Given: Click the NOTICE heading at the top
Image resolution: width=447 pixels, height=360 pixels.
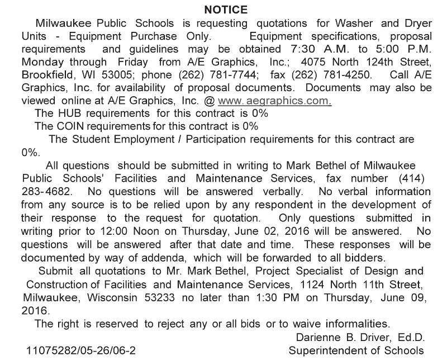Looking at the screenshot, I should (225, 10).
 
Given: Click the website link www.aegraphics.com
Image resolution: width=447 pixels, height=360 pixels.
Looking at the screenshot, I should (274, 101).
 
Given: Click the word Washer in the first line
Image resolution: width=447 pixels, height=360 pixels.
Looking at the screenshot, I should (355, 24).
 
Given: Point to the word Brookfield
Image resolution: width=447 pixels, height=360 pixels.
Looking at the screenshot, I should (46, 75).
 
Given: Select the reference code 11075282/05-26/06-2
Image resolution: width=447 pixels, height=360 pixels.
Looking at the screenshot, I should (80, 351).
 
